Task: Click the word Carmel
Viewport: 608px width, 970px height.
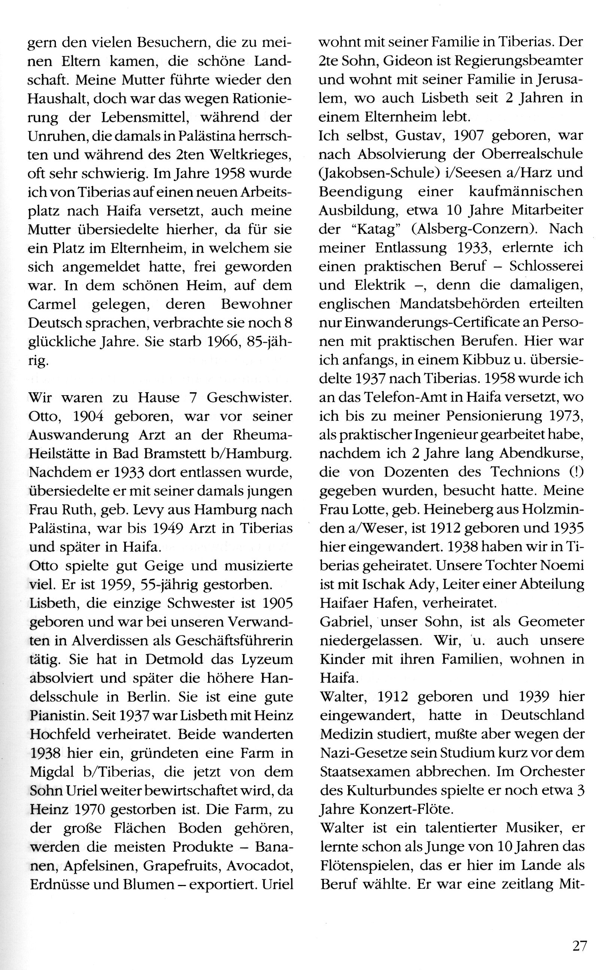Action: [x=52, y=305]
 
